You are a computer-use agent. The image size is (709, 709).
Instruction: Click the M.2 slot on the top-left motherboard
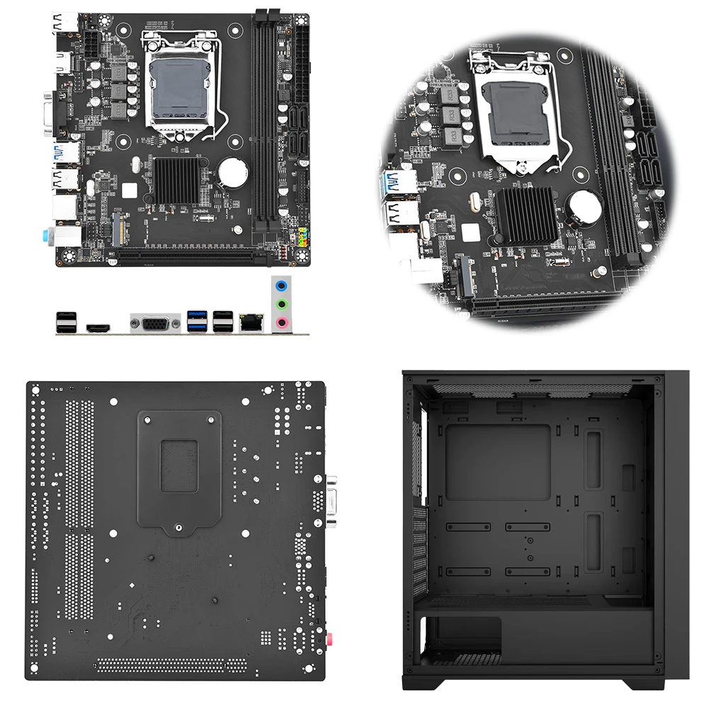pos(120,229)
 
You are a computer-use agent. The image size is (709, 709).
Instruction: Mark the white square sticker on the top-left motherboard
pos(128,189)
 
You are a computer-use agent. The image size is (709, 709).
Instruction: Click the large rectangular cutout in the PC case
pos(499,462)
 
